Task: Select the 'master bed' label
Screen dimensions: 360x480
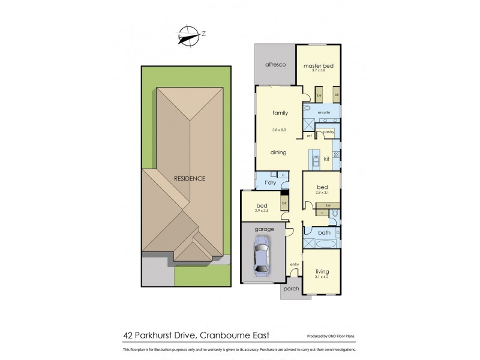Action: (x=318, y=65)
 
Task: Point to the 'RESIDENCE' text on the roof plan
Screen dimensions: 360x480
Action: (x=190, y=178)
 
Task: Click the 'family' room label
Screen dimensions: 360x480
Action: (x=280, y=113)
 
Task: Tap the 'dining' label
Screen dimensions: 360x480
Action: (x=278, y=152)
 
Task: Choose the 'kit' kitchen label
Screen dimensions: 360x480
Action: (x=326, y=159)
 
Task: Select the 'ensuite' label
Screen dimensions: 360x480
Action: (x=325, y=112)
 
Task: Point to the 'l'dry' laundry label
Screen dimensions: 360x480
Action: (x=269, y=182)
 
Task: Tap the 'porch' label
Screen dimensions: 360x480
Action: (x=290, y=289)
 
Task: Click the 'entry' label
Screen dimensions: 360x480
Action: (x=294, y=264)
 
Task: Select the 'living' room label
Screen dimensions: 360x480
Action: (x=322, y=271)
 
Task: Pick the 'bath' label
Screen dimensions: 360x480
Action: (x=324, y=232)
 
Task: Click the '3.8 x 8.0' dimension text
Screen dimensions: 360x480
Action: (x=280, y=129)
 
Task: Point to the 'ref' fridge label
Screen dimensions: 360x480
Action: (x=310, y=136)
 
